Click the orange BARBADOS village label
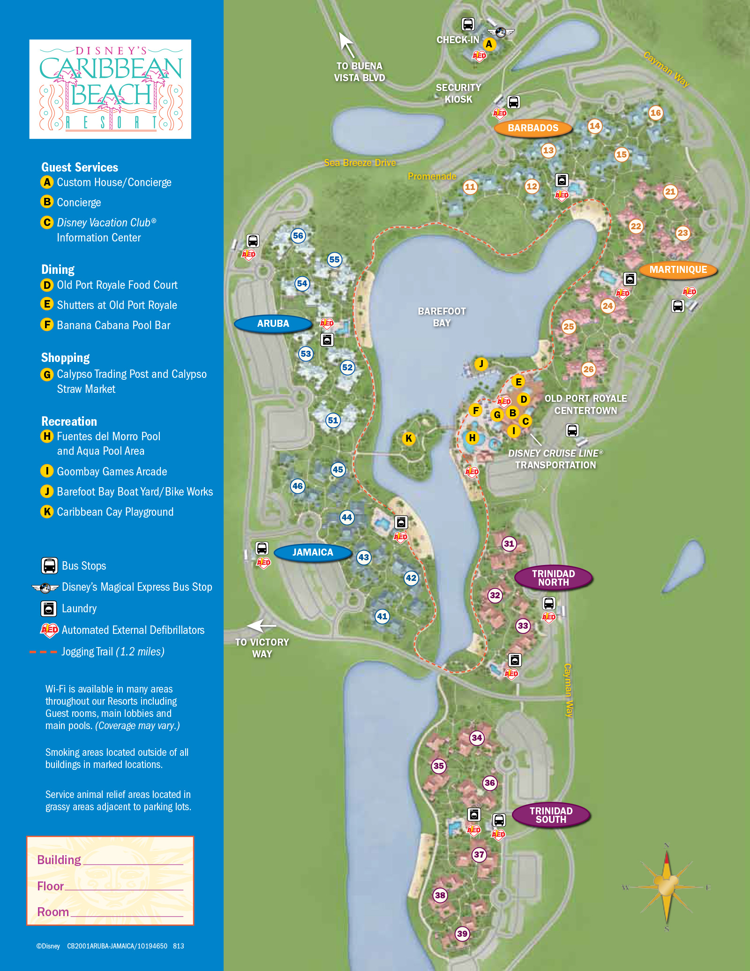click(533, 128)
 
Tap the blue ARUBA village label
click(273, 324)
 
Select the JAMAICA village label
click(313, 552)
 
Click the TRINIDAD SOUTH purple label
click(551, 815)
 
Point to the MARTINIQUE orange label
click(678, 270)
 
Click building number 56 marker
click(298, 236)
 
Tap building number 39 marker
click(462, 933)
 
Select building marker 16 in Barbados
click(655, 113)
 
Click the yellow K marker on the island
click(409, 438)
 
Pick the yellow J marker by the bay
click(481, 364)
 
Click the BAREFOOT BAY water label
click(442, 317)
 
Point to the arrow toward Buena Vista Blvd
click(346, 45)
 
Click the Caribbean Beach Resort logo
click(110, 89)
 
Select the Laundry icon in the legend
click(49, 609)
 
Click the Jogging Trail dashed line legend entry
click(43, 652)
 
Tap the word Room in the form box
click(53, 912)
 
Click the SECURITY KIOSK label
click(458, 93)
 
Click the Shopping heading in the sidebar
click(65, 358)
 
